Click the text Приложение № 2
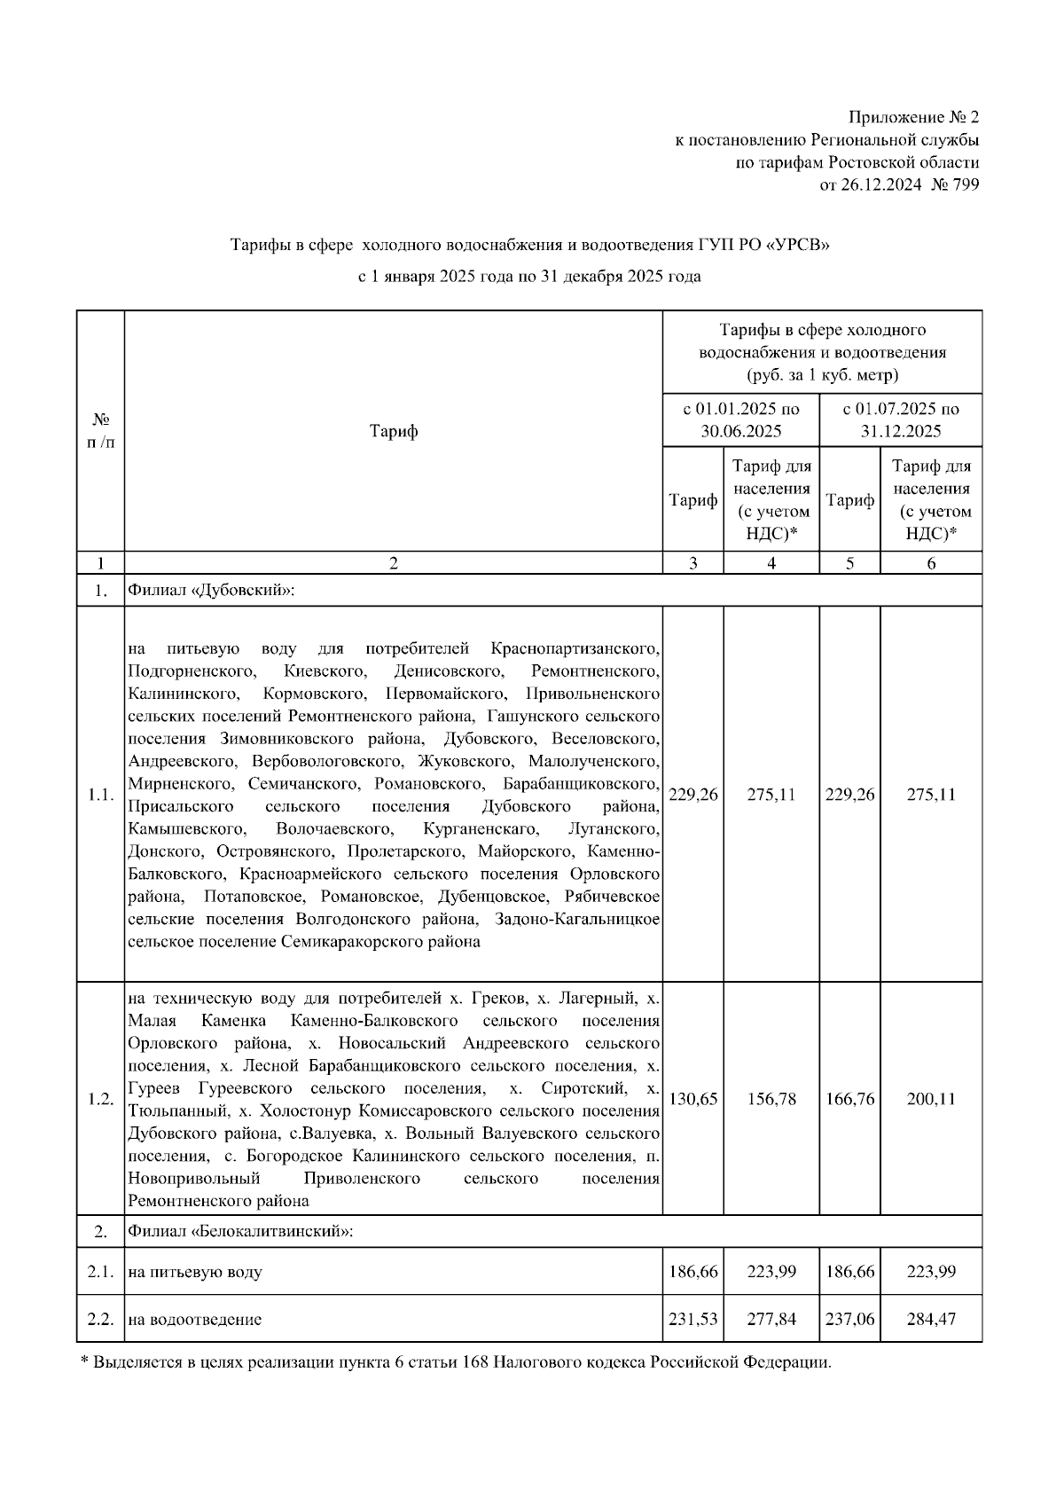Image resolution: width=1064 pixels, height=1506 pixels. click(913, 118)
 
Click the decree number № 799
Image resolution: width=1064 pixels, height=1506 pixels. click(955, 185)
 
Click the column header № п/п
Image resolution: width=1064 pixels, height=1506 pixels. click(100, 431)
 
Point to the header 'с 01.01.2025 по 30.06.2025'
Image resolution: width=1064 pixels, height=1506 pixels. click(740, 420)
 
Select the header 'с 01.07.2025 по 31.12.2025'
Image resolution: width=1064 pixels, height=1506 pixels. click(900, 420)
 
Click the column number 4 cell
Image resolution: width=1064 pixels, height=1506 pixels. click(771, 563)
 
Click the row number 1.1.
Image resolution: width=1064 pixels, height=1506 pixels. click(100, 795)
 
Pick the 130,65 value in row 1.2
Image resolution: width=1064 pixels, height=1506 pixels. click(693, 1100)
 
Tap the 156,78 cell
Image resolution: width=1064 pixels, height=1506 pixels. click(771, 1100)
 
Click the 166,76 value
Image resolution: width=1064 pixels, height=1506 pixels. click(849, 1100)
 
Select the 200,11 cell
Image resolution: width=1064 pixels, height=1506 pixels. click(931, 1100)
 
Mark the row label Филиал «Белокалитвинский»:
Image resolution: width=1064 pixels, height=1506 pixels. click(240, 1232)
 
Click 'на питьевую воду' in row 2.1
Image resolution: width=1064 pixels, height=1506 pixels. click(195, 1273)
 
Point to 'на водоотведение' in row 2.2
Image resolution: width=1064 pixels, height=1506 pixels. click(195, 1320)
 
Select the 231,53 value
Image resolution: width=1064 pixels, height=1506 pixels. click(693, 1320)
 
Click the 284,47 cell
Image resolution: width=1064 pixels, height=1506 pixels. click(931, 1320)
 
